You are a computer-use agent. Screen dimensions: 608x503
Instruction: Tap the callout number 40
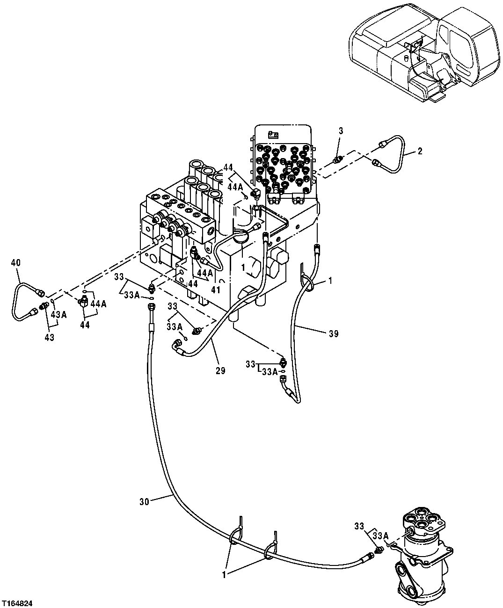coord(15,263)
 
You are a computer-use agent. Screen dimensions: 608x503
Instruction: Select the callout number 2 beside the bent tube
coord(420,151)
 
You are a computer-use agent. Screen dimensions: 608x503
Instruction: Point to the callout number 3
coord(341,131)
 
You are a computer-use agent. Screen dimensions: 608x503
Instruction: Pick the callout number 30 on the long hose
coord(144,501)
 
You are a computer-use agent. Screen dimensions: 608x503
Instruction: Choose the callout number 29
coord(220,371)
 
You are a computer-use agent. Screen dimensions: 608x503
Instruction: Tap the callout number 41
coord(216,290)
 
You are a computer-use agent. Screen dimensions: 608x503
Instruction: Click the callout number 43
coord(49,337)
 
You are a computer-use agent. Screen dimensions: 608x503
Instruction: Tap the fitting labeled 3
coord(336,160)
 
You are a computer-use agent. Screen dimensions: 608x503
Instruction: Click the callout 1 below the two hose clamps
coord(224,575)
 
